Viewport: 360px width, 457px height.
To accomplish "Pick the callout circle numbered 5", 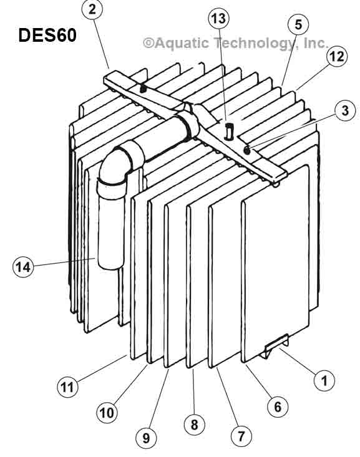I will (298, 25).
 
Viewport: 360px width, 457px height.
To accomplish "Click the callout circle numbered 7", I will (241, 436).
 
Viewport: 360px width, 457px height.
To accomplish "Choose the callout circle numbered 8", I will (194, 425).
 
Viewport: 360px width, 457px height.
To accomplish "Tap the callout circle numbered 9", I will (147, 438).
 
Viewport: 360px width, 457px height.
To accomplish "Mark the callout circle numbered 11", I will (67, 386).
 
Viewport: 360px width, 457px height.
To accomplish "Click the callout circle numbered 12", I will (336, 57).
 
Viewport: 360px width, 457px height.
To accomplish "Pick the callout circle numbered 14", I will (24, 267).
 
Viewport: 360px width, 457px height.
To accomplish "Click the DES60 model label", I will (47, 35).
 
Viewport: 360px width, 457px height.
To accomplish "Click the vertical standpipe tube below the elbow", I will (110, 224).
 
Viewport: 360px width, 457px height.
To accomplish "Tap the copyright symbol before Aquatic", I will (148, 43).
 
